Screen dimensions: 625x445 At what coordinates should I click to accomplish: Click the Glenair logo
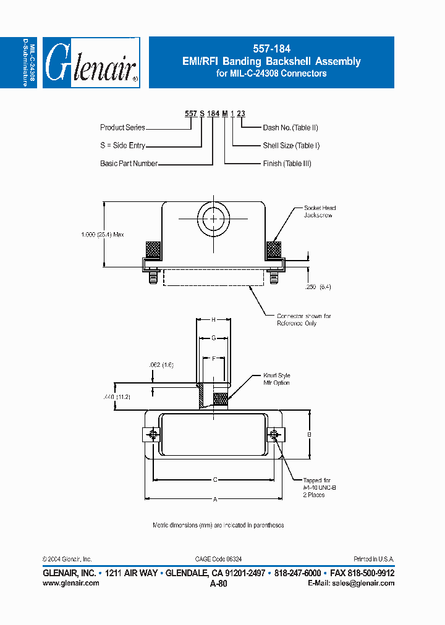(91, 62)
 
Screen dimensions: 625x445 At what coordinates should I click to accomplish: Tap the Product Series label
(122, 128)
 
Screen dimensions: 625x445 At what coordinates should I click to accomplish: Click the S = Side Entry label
(122, 146)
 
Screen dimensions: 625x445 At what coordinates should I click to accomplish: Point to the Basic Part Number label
(129, 164)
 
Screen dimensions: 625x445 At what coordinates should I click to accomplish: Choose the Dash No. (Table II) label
(290, 128)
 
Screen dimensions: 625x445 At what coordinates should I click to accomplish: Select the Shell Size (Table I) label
(291, 146)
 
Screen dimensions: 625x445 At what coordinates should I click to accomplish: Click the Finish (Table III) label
(287, 164)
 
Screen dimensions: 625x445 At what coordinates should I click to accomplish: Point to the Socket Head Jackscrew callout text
(320, 212)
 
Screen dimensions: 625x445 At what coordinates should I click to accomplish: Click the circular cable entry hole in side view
(213, 219)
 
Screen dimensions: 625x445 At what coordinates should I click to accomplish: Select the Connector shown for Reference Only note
(303, 319)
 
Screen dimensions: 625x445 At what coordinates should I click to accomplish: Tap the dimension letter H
(214, 320)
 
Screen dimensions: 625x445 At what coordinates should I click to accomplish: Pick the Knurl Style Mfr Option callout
(276, 379)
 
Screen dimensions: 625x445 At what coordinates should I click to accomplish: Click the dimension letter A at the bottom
(214, 499)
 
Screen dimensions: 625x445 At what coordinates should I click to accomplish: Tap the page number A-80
(219, 584)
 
